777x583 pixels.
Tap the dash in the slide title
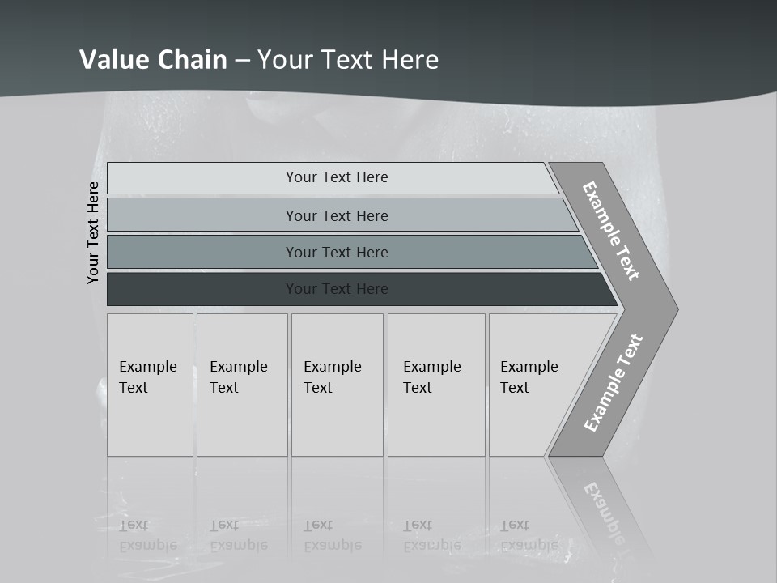pyautogui.click(x=242, y=61)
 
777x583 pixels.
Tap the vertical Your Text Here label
pyautogui.click(x=93, y=232)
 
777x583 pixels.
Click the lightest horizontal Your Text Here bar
pyautogui.click(x=336, y=177)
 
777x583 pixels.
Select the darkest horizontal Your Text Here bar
pyautogui.click(x=336, y=289)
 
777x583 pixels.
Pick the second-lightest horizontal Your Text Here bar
pyautogui.click(x=336, y=215)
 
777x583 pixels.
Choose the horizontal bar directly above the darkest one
pyautogui.click(x=336, y=253)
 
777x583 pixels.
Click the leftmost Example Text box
pyautogui.click(x=150, y=385)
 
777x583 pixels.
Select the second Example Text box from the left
pyautogui.click(x=241, y=385)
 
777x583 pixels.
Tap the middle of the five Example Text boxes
pyautogui.click(x=336, y=385)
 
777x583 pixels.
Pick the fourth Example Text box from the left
pyautogui.click(x=435, y=385)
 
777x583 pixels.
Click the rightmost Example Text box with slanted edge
pyautogui.click(x=534, y=385)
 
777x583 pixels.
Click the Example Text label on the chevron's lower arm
pyautogui.click(x=614, y=382)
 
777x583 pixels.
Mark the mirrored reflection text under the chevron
pyautogui.click(x=603, y=510)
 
